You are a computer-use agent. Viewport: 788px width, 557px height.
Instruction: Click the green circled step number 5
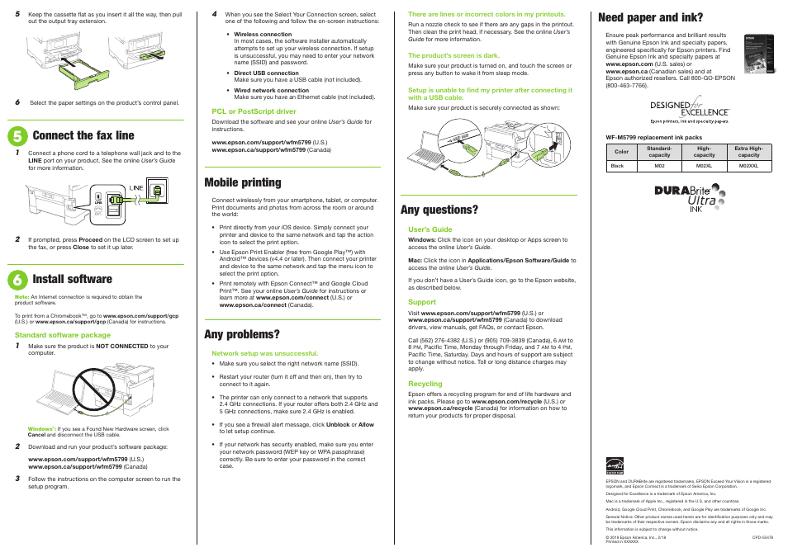click(20, 135)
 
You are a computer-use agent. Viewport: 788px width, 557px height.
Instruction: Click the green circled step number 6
click(20, 279)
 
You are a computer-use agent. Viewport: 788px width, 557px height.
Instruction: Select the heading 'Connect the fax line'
click(83, 135)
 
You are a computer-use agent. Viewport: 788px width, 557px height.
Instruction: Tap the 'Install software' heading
click(73, 279)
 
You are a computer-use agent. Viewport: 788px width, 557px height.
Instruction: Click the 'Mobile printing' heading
click(243, 182)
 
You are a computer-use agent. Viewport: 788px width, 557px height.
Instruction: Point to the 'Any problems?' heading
click(242, 334)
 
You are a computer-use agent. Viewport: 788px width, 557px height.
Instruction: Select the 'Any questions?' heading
click(439, 210)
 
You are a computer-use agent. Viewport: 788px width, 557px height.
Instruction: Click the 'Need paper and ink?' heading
click(651, 17)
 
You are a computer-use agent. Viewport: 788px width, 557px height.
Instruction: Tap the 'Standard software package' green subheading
click(63, 336)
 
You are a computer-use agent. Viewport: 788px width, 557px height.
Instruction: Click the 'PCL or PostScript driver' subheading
click(254, 111)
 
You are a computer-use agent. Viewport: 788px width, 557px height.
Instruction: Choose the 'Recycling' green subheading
click(425, 384)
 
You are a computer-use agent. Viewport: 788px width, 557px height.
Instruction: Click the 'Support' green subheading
click(421, 303)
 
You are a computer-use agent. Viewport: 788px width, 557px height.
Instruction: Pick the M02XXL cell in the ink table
click(748, 166)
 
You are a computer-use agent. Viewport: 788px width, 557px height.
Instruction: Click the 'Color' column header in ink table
click(621, 152)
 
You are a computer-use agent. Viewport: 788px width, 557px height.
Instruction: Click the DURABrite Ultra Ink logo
click(688, 197)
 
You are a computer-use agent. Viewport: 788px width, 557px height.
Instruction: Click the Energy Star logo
click(614, 467)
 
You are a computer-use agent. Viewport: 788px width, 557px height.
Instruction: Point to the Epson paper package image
click(757, 54)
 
